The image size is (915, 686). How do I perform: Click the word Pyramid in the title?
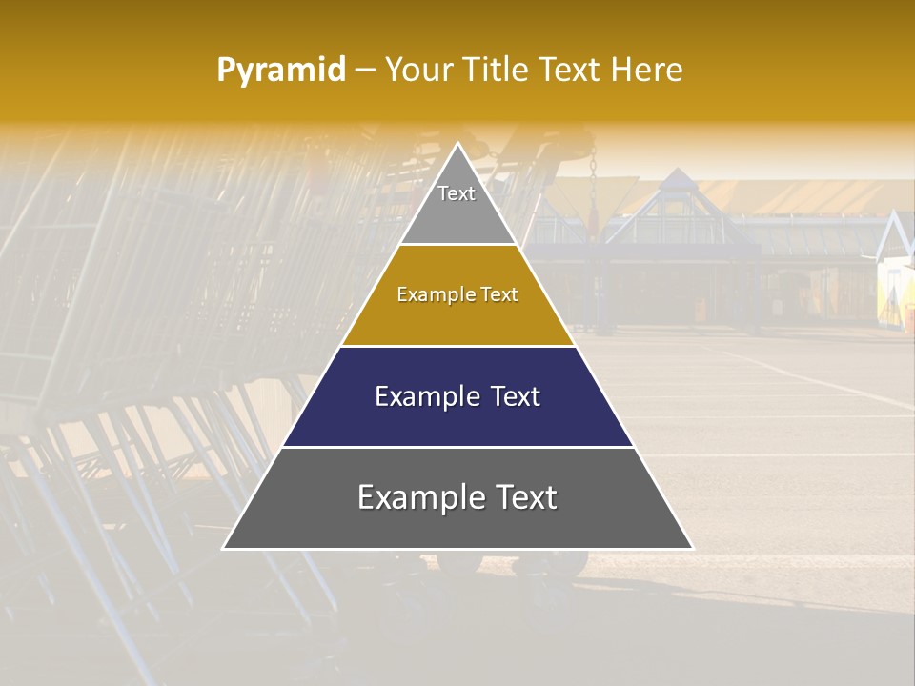tap(281, 71)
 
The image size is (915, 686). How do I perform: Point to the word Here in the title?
tap(647, 71)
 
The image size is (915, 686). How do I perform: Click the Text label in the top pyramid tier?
tap(457, 193)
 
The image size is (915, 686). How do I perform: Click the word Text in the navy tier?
tap(516, 397)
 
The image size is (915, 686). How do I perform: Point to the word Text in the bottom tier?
tap(524, 498)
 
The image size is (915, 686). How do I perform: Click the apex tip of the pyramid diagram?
tap(458, 144)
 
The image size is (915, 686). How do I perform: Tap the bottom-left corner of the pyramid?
tap(223, 549)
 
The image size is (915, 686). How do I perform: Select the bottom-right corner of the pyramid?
tap(693, 549)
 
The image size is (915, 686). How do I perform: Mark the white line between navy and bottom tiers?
tap(458, 447)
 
